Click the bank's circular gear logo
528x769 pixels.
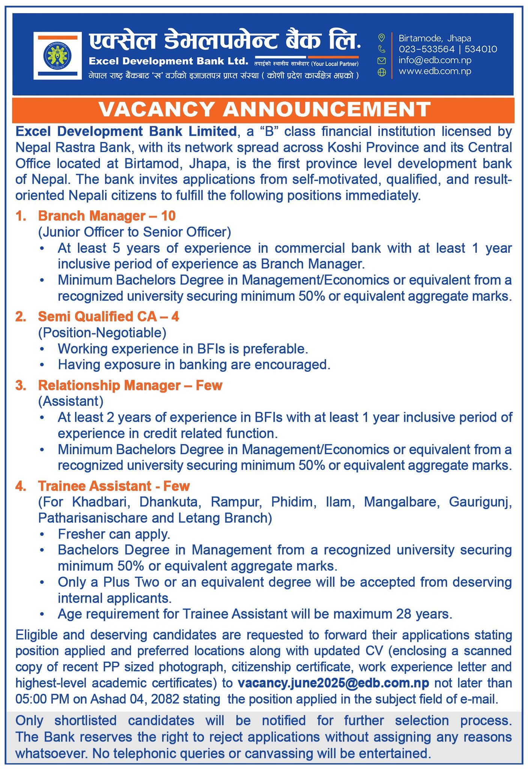click(57, 56)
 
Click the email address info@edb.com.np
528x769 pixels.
click(435, 60)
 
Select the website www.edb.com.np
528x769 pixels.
click(435, 71)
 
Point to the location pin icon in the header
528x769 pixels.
click(382, 38)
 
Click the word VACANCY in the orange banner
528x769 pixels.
click(157, 110)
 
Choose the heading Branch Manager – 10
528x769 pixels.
click(107, 216)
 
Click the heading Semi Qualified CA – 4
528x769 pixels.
click(108, 317)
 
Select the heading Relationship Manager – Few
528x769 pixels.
click(130, 385)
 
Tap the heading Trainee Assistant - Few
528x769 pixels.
click(114, 486)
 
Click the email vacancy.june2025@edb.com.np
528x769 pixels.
click(333, 683)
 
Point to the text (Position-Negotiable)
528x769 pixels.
click(102, 333)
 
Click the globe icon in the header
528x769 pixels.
click(382, 72)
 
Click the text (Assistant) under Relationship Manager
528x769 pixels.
click(71, 401)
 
